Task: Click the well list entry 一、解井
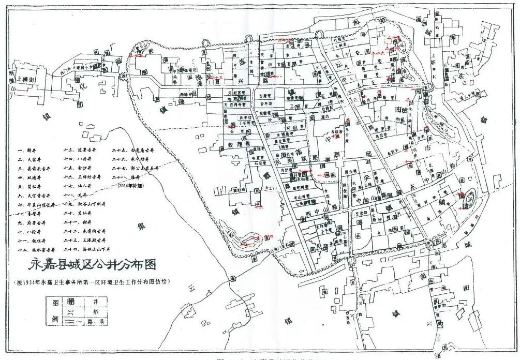28,150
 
